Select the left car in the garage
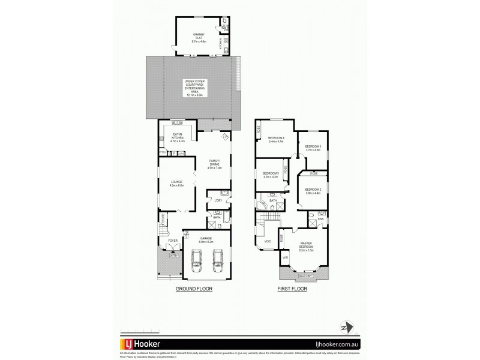click(196, 262)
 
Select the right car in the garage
click(217, 262)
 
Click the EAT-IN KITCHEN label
click(178, 137)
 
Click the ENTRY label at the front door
click(173, 255)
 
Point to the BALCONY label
click(305, 275)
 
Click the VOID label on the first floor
click(267, 241)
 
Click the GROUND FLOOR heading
click(194, 289)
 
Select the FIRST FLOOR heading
click(291, 289)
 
